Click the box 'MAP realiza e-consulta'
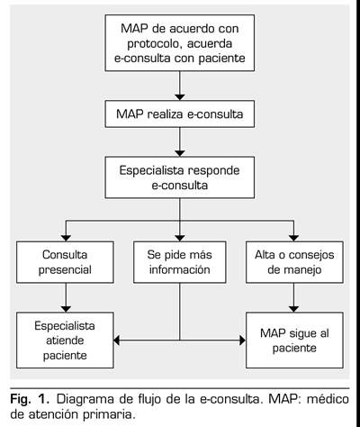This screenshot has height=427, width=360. pyautogui.click(x=180, y=114)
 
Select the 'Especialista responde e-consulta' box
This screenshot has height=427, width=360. pyautogui.click(x=180, y=177)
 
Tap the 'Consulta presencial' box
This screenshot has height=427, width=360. pyautogui.click(x=65, y=262)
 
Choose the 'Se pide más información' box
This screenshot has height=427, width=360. pyautogui.click(x=180, y=262)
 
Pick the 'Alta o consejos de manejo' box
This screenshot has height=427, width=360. pyautogui.click(x=294, y=262)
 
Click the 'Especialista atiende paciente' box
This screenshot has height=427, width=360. pyautogui.click(x=65, y=341)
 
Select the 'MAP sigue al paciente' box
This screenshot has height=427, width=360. pyautogui.click(x=294, y=341)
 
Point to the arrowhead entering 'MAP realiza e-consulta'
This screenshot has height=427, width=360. pyautogui.click(x=180, y=97)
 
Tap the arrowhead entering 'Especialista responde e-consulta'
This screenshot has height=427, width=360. pyautogui.click(x=180, y=153)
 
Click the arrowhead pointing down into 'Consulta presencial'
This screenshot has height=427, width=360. pyautogui.click(x=66, y=238)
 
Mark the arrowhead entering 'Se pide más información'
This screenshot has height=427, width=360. pyautogui.click(x=180, y=238)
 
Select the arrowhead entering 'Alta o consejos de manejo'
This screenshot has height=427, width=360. pyautogui.click(x=293, y=238)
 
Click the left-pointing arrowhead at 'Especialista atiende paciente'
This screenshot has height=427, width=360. pyautogui.click(x=117, y=341)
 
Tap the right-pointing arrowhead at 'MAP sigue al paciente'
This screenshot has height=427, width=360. pyautogui.click(x=243, y=341)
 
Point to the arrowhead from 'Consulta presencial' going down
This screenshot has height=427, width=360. pyautogui.click(x=66, y=309)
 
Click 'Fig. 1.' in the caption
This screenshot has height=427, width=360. pyautogui.click(x=30, y=400)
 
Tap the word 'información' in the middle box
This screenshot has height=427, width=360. pyautogui.click(x=180, y=269)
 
